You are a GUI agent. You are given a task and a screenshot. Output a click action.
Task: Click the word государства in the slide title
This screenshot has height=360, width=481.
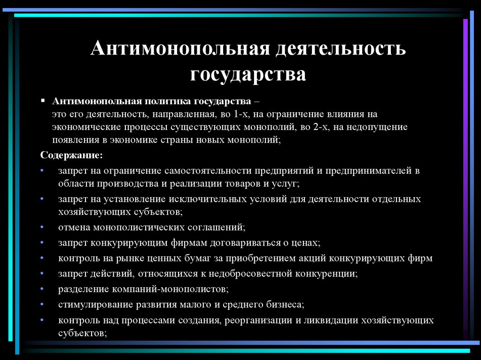tap(248, 74)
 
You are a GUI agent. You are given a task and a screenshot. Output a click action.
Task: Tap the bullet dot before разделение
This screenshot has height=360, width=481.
tap(42, 288)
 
